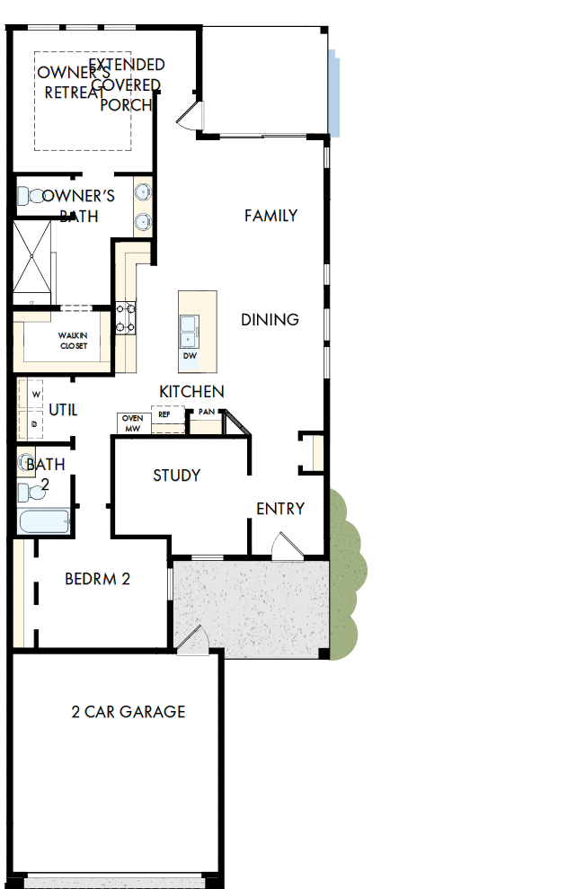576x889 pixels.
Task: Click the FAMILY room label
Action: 270,216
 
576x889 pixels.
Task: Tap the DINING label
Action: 270,320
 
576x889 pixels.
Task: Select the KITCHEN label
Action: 191,392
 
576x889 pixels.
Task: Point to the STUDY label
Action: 176,476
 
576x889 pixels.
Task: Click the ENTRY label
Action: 280,509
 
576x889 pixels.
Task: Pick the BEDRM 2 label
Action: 98,579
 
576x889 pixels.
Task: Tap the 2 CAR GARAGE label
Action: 128,712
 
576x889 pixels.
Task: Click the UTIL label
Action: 63,410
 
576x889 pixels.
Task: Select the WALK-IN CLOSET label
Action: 74,340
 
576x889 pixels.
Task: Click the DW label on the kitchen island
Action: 190,356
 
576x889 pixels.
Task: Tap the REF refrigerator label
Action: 164,415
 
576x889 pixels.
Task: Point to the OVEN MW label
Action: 133,423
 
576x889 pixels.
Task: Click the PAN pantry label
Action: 207,413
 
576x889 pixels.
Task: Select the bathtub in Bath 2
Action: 43,522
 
